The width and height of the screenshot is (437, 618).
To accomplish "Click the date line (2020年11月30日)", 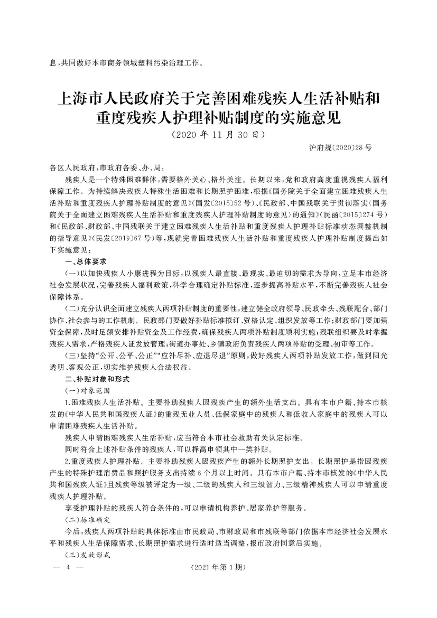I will pyautogui.click(x=218, y=135).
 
